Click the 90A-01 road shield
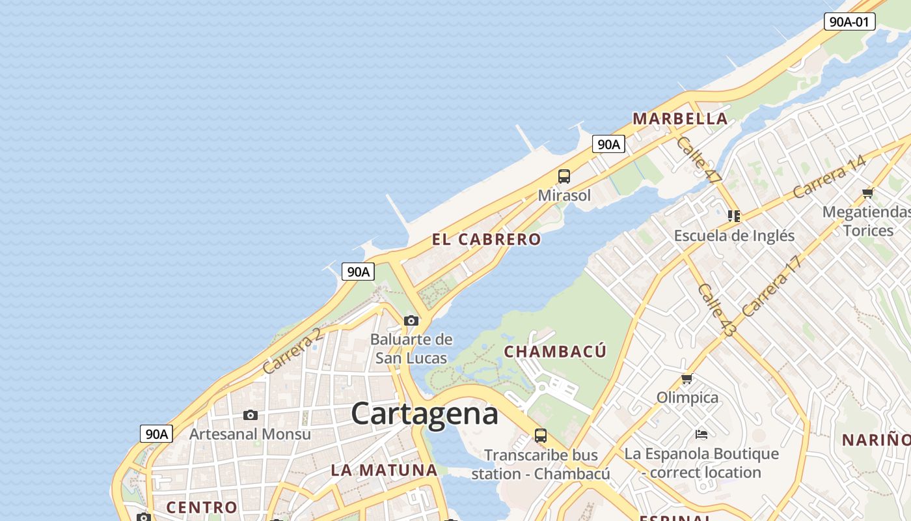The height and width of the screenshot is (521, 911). [x=849, y=21]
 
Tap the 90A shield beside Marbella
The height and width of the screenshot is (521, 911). [x=608, y=144]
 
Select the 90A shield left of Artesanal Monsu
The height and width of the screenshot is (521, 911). [x=156, y=434]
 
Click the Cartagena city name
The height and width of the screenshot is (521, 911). [x=425, y=414]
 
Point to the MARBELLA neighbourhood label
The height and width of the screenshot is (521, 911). [x=680, y=119]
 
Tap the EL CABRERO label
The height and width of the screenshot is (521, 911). [x=486, y=240]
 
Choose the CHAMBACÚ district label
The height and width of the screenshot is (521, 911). [x=555, y=352]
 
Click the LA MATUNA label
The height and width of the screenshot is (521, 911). [x=384, y=470]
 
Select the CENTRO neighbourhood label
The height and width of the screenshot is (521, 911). [x=202, y=507]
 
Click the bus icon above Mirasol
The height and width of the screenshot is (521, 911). [x=564, y=176]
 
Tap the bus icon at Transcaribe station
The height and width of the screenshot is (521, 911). [x=540, y=435]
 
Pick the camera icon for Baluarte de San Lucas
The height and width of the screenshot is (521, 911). [x=411, y=320]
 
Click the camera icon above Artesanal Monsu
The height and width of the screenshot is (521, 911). [x=250, y=415]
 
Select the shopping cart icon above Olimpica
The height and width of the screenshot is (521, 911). [x=686, y=378]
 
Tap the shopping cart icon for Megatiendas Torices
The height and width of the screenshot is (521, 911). [x=867, y=193]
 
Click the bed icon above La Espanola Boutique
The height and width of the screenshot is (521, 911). [x=701, y=434]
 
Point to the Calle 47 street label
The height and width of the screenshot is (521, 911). [x=699, y=159]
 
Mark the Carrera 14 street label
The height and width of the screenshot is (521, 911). [x=829, y=176]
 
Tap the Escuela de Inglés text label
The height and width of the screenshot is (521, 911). [x=734, y=236]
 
